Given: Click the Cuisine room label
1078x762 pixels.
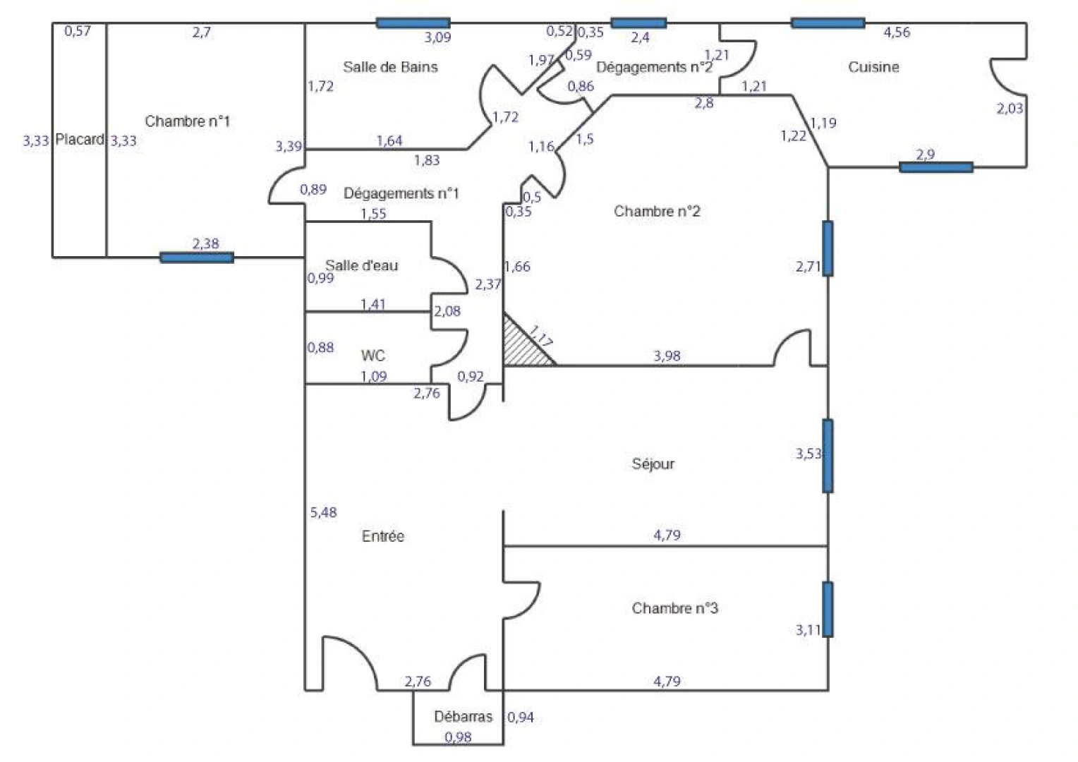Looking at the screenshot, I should pos(873,67).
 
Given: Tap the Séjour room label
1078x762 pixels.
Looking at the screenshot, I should pos(653,464).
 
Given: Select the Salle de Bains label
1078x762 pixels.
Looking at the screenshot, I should pos(390,67).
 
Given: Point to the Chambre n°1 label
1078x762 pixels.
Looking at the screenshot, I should pos(187,121).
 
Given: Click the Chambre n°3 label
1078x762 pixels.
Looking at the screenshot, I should pos(674,608).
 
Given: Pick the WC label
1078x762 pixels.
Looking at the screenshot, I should pos(373,355).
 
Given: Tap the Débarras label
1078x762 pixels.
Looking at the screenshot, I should pos(463,717).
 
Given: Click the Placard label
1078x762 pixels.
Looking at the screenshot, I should pos(80,140).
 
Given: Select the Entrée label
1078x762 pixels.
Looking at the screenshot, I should pos(383,536).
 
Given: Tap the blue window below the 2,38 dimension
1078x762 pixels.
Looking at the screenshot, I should pos(197,258).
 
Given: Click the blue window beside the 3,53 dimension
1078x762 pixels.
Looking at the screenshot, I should pos(828,456).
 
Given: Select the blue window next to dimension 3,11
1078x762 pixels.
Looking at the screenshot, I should pos(828,609).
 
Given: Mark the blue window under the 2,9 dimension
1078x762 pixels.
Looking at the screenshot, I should pos(935,167).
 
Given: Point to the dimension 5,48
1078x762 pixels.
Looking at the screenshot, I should pos(323,513).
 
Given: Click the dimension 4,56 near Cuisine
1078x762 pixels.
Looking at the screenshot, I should pos(897,32).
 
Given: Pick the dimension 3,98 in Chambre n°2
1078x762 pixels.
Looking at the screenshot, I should pos(667,356).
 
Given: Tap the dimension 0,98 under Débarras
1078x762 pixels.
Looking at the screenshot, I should pos(458,737).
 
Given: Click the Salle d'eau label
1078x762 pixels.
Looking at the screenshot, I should pos(361,265).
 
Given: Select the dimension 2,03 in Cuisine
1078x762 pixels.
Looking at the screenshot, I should pos(1010,109).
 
